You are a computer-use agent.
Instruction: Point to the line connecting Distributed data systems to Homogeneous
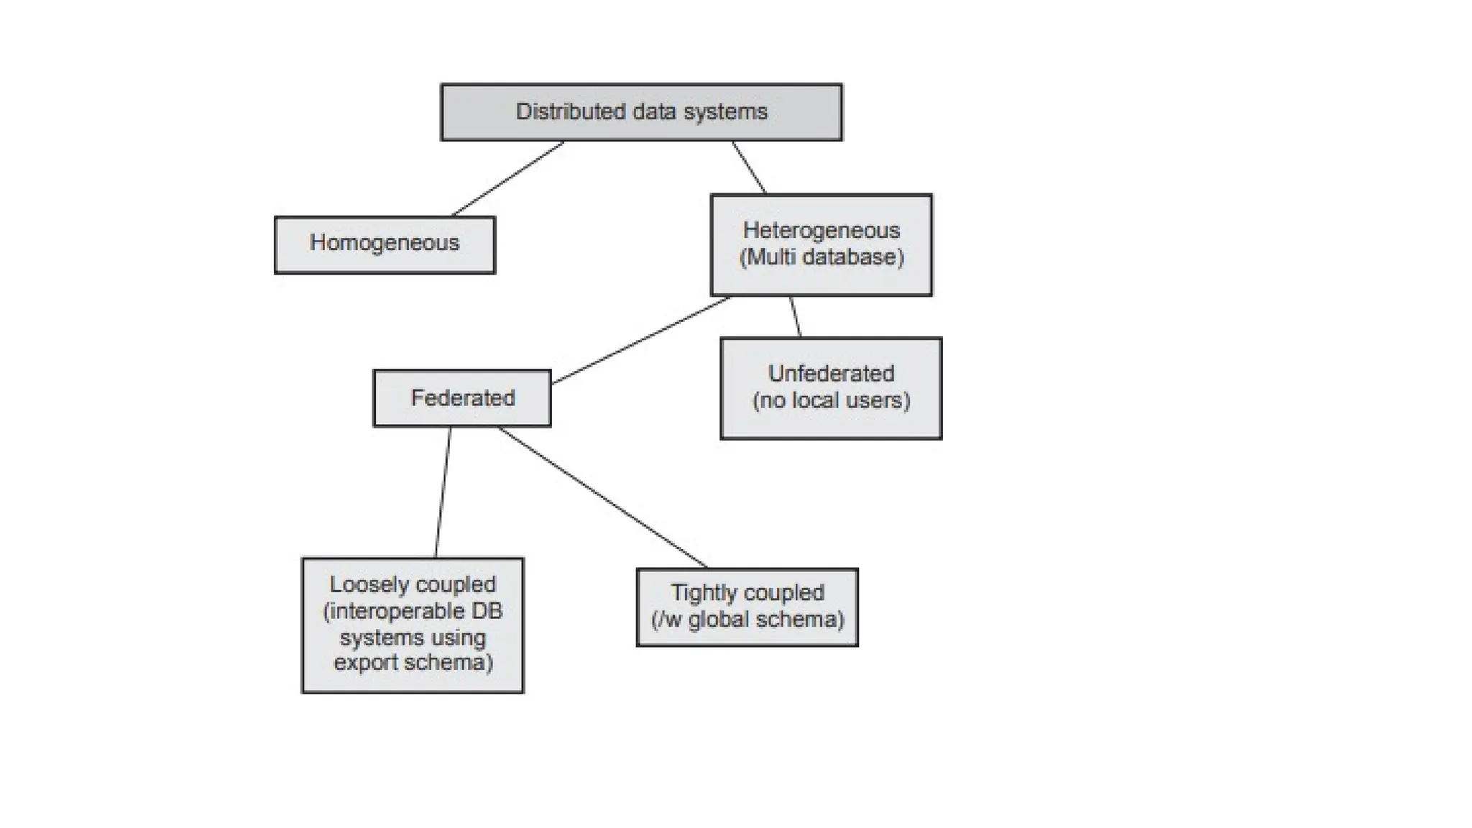pyautogui.click(x=507, y=179)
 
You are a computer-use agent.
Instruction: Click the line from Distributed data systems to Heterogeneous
pyautogui.click(x=749, y=167)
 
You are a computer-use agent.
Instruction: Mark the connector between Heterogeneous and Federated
pyautogui.click(x=641, y=341)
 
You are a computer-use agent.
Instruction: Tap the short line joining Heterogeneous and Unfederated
pyautogui.click(x=796, y=317)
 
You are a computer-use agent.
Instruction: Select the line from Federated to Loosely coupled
pyautogui.click(x=443, y=493)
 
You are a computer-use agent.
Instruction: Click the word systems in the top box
pyautogui.click(x=730, y=112)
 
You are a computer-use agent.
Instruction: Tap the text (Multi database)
pyautogui.click(x=822, y=257)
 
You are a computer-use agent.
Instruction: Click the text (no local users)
pyautogui.click(x=831, y=400)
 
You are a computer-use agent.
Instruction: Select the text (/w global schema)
pyautogui.click(x=747, y=620)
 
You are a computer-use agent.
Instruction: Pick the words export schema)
pyautogui.click(x=413, y=662)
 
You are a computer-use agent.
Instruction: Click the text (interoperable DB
pyautogui.click(x=413, y=612)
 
